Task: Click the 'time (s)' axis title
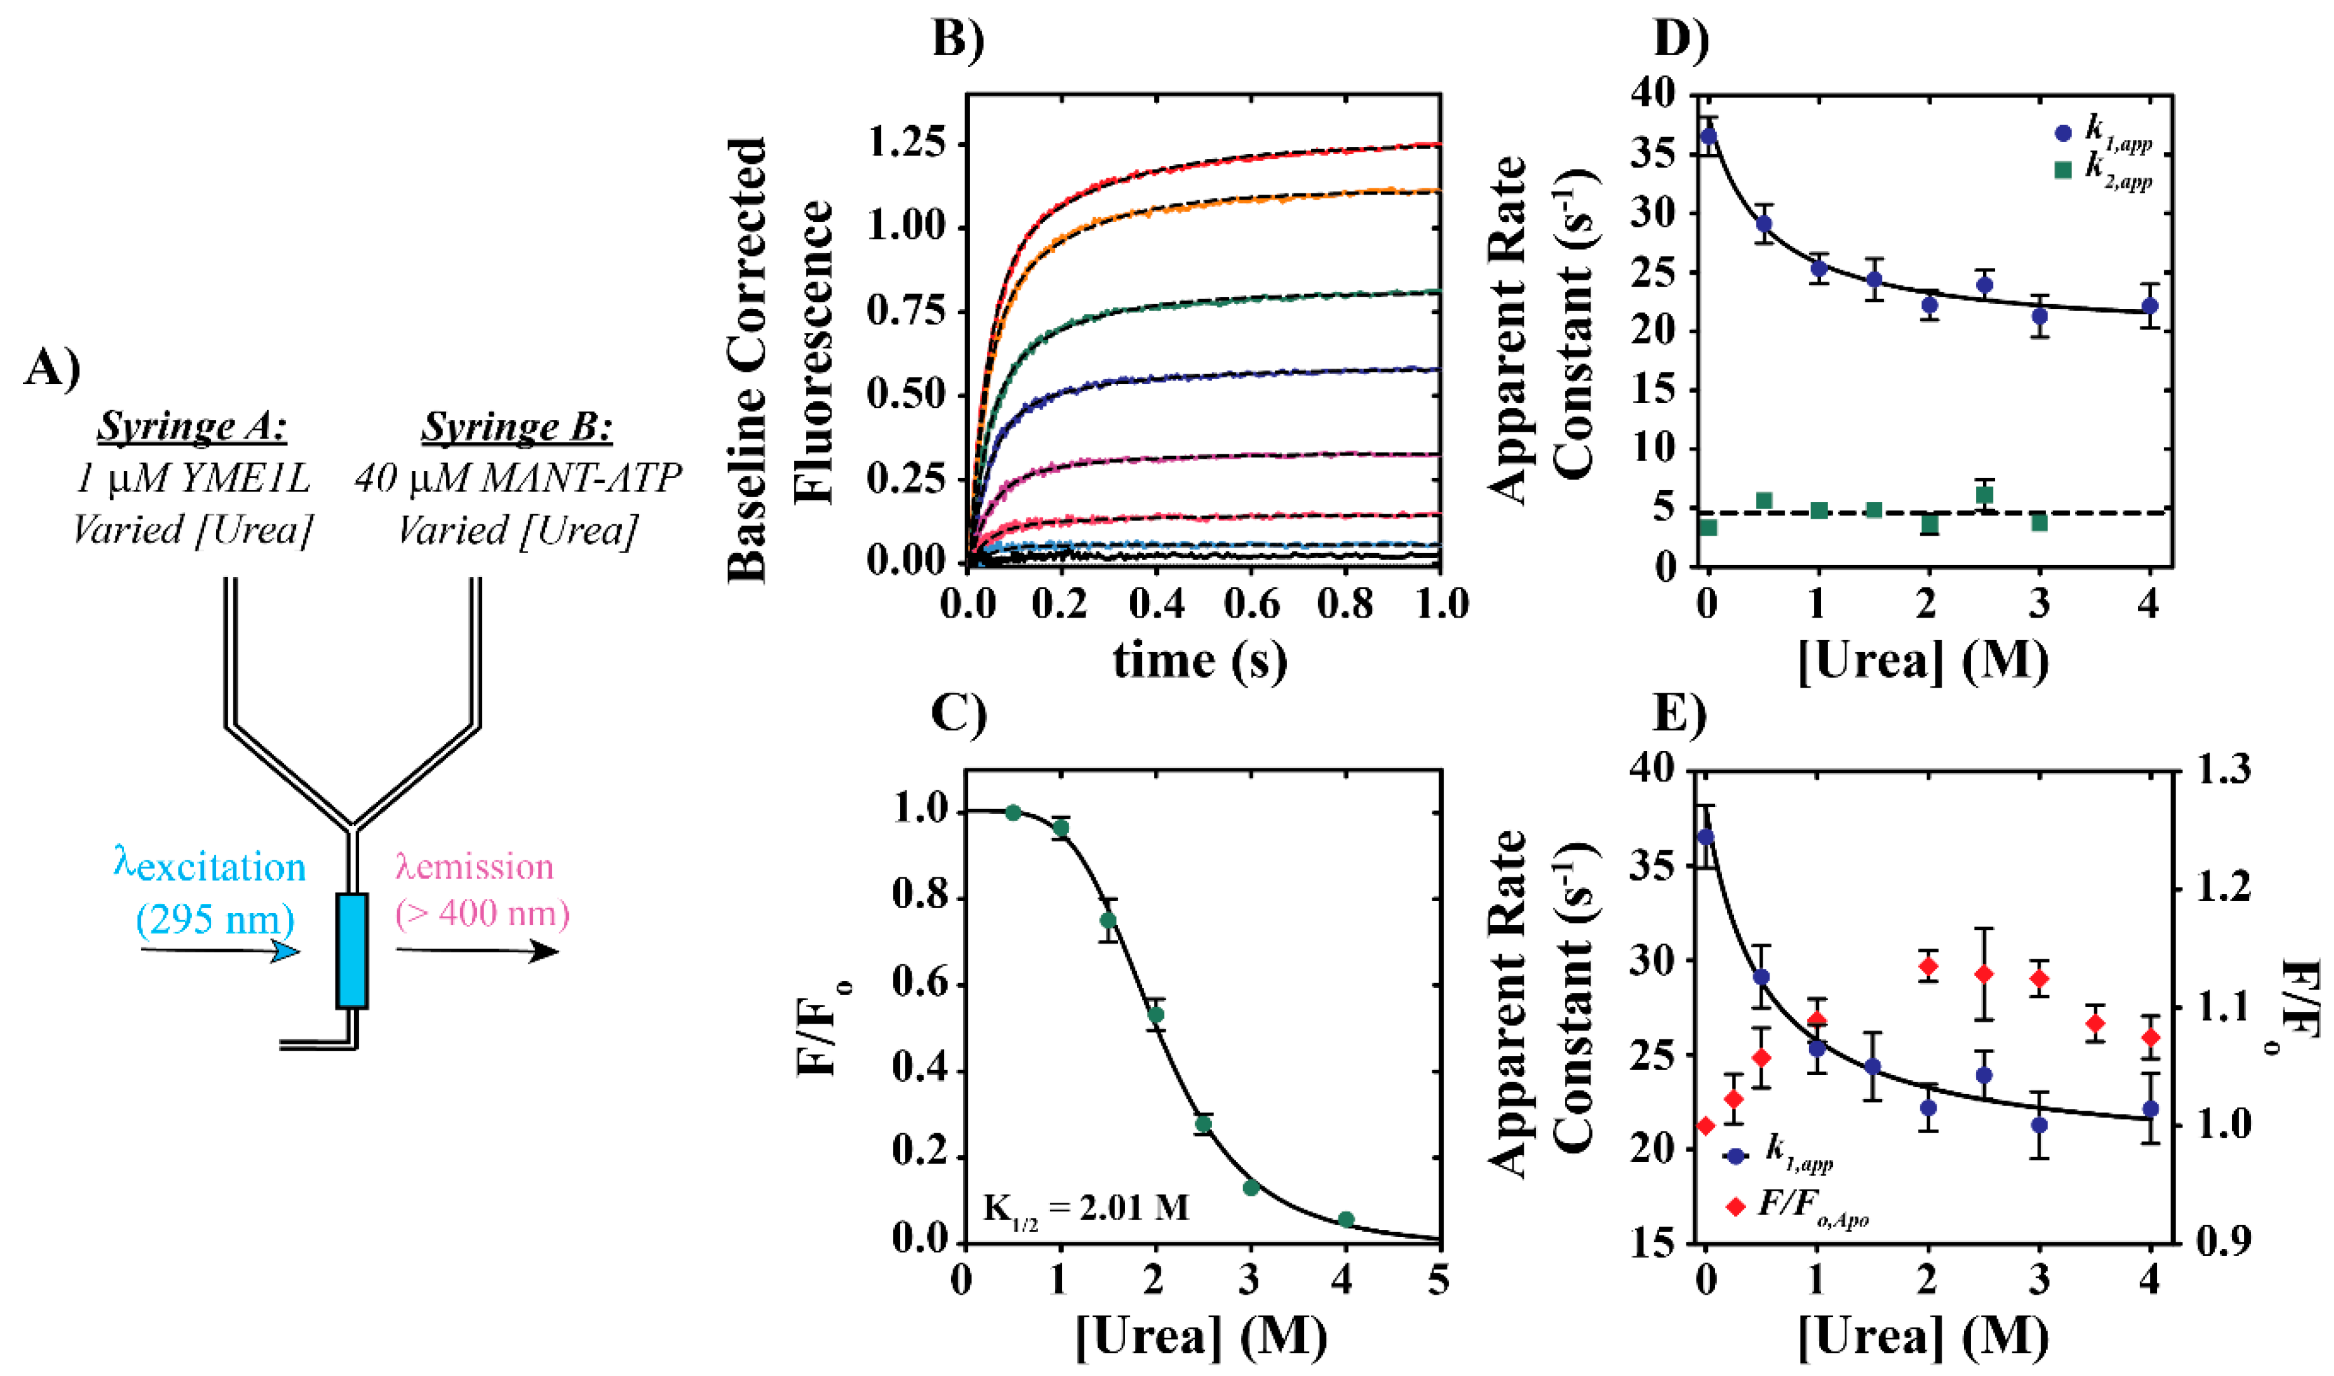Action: tap(1200, 660)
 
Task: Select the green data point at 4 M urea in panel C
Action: tap(1346, 1220)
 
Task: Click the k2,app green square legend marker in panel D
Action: tap(2063, 170)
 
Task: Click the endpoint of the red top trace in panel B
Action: tap(1439, 145)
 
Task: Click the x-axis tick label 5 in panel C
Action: tap(1438, 1282)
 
